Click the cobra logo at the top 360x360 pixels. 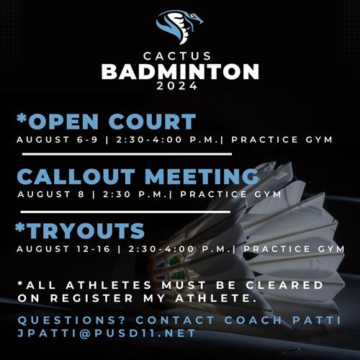click(x=179, y=27)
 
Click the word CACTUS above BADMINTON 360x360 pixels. click(x=177, y=56)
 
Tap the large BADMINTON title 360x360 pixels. click(x=180, y=71)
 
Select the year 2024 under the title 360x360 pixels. click(x=177, y=86)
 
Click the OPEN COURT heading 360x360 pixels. click(x=112, y=122)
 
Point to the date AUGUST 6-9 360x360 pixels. click(x=57, y=140)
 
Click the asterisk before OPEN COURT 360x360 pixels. click(x=22, y=118)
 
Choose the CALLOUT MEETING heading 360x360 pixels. click(x=138, y=176)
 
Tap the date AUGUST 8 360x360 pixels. click(x=51, y=194)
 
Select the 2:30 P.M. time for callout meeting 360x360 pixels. click(x=135, y=194)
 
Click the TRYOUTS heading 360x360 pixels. click(x=86, y=231)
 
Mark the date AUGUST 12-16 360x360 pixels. click(x=63, y=249)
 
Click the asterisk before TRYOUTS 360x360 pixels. click(x=20, y=227)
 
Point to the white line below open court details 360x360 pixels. click(x=127, y=154)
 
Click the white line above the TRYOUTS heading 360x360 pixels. click(x=125, y=212)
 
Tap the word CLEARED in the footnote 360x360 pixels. click(x=284, y=285)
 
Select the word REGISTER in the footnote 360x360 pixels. click(x=91, y=298)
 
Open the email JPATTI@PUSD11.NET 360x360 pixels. click(x=107, y=333)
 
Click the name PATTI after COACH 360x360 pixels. click(x=317, y=320)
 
